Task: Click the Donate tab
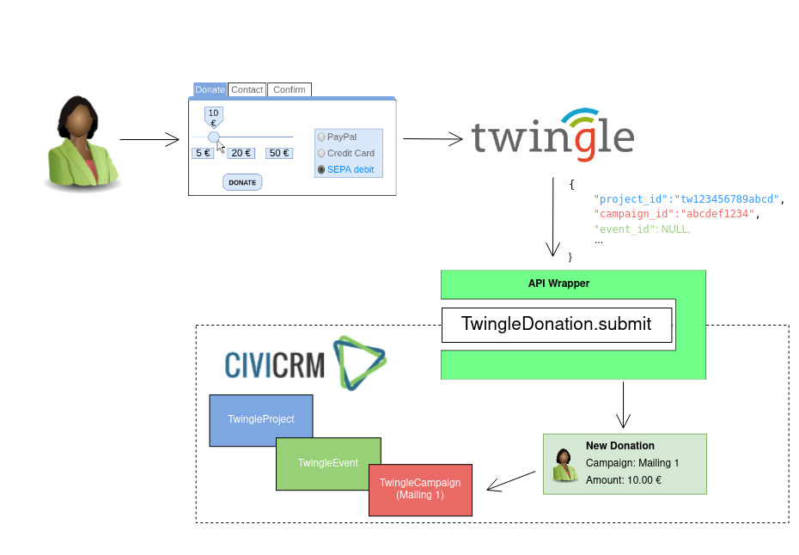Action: pyautogui.click(x=210, y=89)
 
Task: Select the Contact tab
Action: pyautogui.click(x=247, y=89)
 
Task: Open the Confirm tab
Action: pyautogui.click(x=290, y=89)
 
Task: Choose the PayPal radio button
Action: pyautogui.click(x=321, y=137)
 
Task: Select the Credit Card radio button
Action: pyautogui.click(x=321, y=154)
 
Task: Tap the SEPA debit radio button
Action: pyautogui.click(x=321, y=170)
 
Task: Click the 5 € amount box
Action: pyautogui.click(x=203, y=153)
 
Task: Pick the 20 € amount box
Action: pyautogui.click(x=241, y=153)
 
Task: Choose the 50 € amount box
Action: pyautogui.click(x=279, y=153)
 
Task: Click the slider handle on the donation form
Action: pyautogui.click(x=214, y=137)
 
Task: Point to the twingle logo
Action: pyautogui.click(x=553, y=135)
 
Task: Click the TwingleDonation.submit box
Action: pyautogui.click(x=557, y=325)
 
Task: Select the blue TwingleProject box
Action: pyautogui.click(x=261, y=420)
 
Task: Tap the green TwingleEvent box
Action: pyautogui.click(x=329, y=463)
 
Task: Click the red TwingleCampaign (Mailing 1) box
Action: pyautogui.click(x=420, y=490)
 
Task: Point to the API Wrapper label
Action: pyautogui.click(x=559, y=284)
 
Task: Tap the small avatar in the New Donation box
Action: pyautogui.click(x=564, y=465)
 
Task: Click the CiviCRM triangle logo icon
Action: pyautogui.click(x=360, y=363)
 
